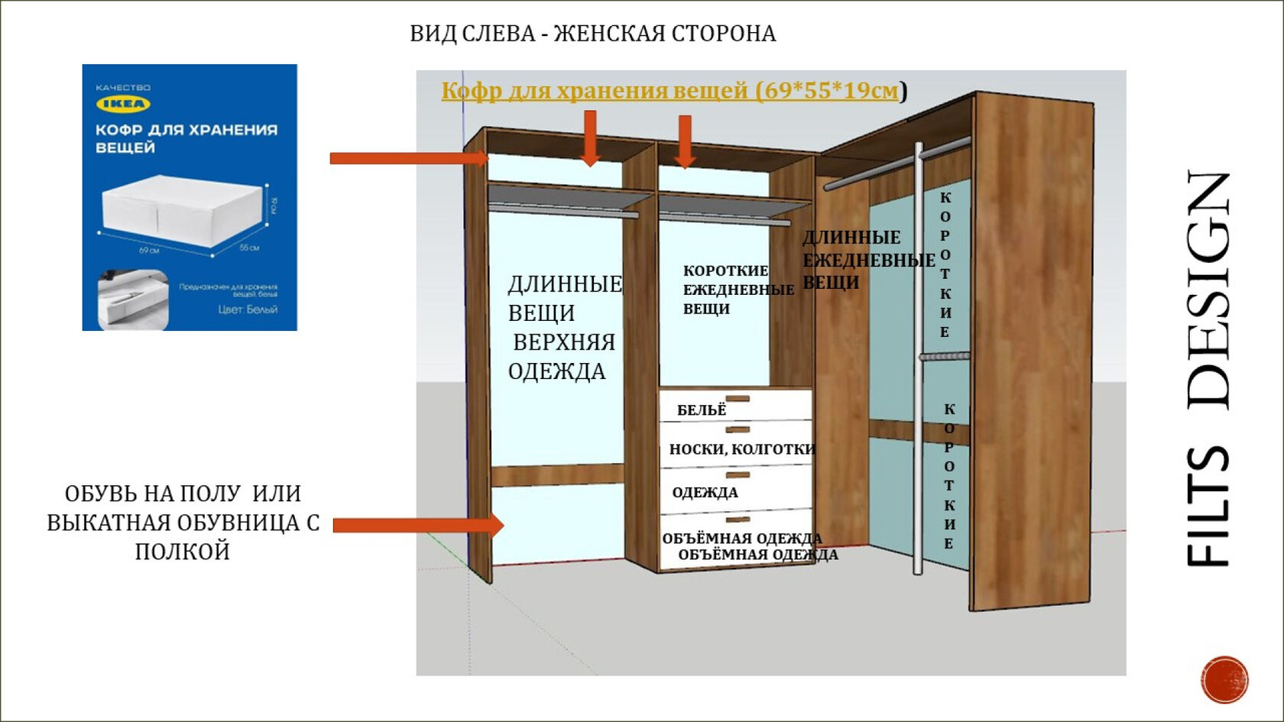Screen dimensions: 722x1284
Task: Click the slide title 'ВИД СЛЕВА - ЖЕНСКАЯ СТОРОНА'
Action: pyautogui.click(x=592, y=34)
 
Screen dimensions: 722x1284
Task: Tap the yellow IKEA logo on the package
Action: pyautogui.click(x=122, y=104)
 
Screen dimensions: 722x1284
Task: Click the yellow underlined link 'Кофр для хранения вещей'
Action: pyautogui.click(x=670, y=91)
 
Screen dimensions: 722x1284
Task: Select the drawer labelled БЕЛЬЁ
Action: pyautogui.click(x=735, y=406)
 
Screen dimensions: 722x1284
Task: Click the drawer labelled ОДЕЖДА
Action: pyautogui.click(x=735, y=489)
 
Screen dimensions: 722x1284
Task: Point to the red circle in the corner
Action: pyautogui.click(x=1224, y=678)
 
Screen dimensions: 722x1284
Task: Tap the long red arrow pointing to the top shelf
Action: pyautogui.click(x=409, y=158)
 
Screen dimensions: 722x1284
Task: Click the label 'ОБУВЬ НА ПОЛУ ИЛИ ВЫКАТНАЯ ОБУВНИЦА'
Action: pyautogui.click(x=183, y=523)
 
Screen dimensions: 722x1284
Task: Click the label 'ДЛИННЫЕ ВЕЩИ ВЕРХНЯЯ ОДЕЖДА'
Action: pyautogui.click(x=564, y=328)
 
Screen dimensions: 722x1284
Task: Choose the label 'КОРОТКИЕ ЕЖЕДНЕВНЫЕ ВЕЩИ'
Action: pyautogui.click(x=737, y=290)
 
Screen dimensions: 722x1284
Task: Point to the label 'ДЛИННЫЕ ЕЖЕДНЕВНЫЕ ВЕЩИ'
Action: pyautogui.click(x=867, y=260)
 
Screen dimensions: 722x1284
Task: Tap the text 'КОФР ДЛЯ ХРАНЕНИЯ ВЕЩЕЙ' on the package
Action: pyautogui.click(x=186, y=138)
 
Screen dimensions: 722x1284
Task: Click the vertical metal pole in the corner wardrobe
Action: pyautogui.click(x=918, y=359)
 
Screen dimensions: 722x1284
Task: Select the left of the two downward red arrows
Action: pyautogui.click(x=589, y=138)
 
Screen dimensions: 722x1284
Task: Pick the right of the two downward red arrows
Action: pyautogui.click(x=685, y=141)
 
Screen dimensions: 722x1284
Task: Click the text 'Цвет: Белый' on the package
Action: pyautogui.click(x=248, y=309)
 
